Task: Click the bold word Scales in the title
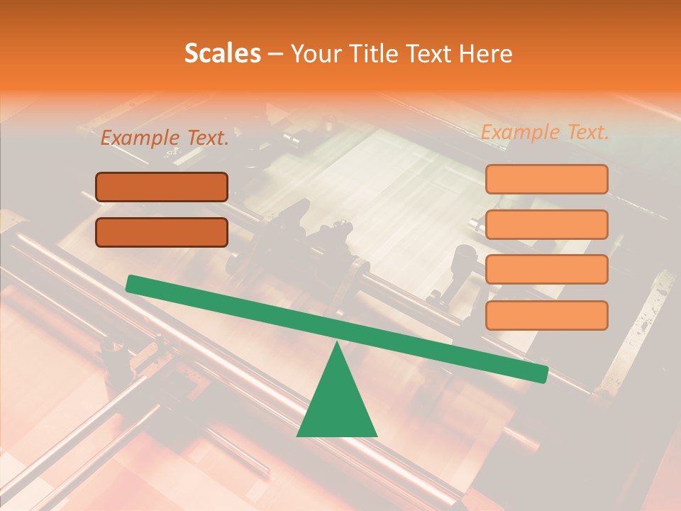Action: click(x=223, y=54)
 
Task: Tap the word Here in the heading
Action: click(x=486, y=54)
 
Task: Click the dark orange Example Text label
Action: click(x=165, y=138)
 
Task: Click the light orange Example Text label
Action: click(x=545, y=132)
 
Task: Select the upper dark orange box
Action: click(x=162, y=187)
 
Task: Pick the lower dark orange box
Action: click(x=162, y=232)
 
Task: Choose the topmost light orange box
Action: click(x=546, y=179)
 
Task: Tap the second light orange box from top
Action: click(x=546, y=224)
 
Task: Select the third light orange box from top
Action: click(x=546, y=270)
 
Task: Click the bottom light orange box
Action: click(x=546, y=315)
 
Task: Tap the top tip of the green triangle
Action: click(x=337, y=344)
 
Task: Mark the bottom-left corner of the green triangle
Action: click(x=298, y=435)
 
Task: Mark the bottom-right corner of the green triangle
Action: click(x=376, y=435)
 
